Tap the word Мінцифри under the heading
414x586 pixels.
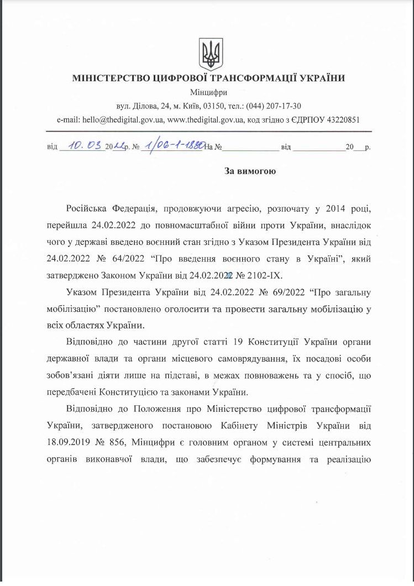tap(208, 92)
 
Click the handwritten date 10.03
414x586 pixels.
tap(84, 146)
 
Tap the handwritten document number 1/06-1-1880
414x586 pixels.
tap(172, 146)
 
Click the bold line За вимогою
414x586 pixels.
tap(250, 171)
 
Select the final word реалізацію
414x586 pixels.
tap(346, 459)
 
